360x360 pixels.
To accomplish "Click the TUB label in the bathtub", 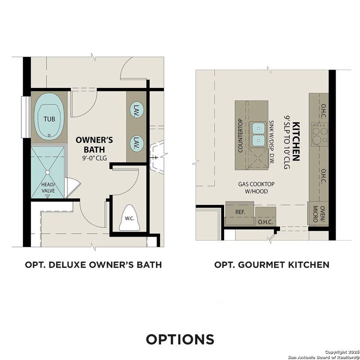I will pyautogui.click(x=49, y=119).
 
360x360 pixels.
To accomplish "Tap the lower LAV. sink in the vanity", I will pyautogui.click(x=135, y=144).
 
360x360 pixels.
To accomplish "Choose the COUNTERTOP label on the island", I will pyautogui.click(x=240, y=135).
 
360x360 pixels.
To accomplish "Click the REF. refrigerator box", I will pyautogui.click(x=240, y=212).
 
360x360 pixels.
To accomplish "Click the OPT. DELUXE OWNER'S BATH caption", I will pyautogui.click(x=93, y=264).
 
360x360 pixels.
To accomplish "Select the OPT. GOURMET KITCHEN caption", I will pyautogui.click(x=271, y=264).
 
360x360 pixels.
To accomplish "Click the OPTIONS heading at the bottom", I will pyautogui.click(x=180, y=339).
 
